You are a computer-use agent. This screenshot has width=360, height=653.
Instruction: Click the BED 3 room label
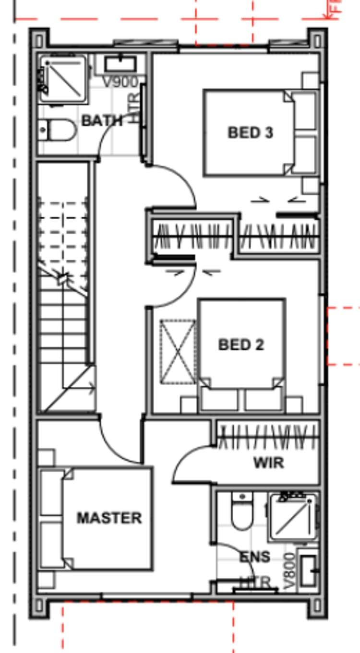(250, 132)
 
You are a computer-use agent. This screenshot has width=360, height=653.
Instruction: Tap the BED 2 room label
(241, 344)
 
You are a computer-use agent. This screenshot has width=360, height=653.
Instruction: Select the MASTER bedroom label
(109, 518)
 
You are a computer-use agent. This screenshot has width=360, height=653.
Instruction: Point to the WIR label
(268, 463)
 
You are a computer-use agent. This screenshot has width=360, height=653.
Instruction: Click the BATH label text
(102, 120)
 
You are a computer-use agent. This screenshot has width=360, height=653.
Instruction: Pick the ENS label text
(254, 557)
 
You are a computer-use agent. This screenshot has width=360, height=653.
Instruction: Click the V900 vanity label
(120, 82)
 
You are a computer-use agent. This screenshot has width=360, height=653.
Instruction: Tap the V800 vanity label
(289, 571)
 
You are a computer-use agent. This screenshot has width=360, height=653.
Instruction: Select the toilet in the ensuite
(241, 512)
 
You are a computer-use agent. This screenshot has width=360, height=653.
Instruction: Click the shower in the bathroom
(64, 79)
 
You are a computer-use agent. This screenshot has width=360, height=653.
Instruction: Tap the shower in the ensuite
(294, 517)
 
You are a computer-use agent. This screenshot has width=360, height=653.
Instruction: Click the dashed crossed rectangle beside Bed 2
(178, 352)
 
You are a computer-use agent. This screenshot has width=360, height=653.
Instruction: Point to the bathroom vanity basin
(120, 64)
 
